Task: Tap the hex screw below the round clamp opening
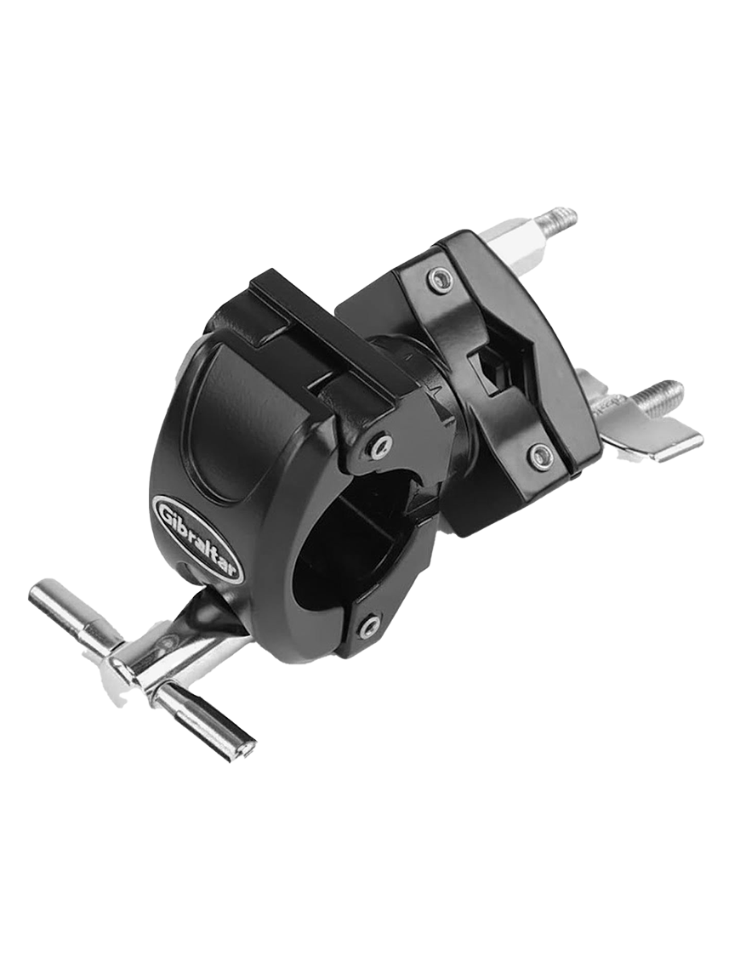coord(368,627)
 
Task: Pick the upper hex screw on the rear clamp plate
coord(439,276)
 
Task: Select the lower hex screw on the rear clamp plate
coord(539,455)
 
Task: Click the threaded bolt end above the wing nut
coord(659,396)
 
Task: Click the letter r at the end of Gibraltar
coord(234,569)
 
